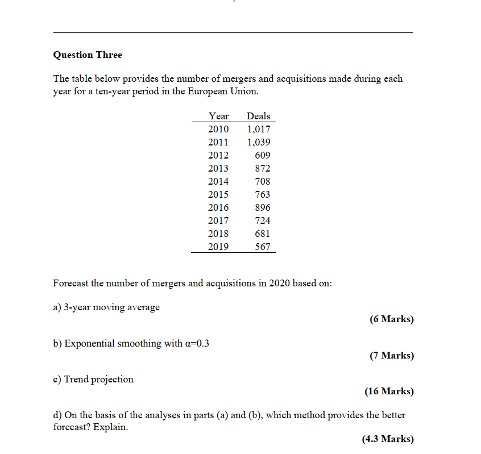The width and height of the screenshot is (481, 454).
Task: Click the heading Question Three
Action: pos(88,55)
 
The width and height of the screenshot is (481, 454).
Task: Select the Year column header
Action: pos(218,116)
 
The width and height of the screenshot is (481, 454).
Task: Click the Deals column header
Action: pos(259,116)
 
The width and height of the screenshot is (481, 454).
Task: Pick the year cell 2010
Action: pos(218,129)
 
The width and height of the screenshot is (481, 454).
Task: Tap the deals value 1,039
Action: pos(259,142)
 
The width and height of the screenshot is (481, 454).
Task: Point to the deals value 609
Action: pos(263,155)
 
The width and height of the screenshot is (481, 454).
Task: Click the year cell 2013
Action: pos(218,168)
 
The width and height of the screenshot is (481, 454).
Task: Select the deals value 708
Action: pos(263,181)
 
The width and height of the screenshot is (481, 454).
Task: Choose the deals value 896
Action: pos(263,207)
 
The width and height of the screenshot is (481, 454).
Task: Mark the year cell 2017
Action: pos(218,220)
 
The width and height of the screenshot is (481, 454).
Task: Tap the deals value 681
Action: pos(263,234)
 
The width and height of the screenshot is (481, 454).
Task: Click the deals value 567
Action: pos(263,247)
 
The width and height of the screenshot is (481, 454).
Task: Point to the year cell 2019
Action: pos(218,247)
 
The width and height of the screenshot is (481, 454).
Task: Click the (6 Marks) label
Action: pos(391,319)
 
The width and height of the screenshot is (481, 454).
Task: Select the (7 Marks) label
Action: pos(391,356)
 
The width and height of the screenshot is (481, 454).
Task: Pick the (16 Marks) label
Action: pos(389,391)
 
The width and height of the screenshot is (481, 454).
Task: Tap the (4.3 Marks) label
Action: pos(387,439)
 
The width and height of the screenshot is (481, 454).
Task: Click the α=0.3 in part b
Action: pos(197,344)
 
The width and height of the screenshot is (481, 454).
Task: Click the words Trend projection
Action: pos(99,379)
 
